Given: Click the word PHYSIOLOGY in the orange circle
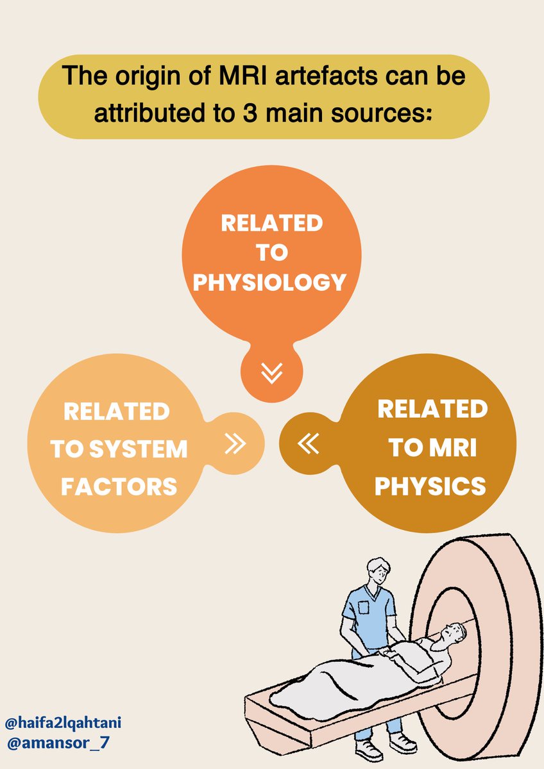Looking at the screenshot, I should point(271,282).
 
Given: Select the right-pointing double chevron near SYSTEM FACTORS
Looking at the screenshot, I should point(235,443).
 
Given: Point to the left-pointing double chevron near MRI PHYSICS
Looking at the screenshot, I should point(309,443).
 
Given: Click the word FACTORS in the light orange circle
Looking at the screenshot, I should point(119,486).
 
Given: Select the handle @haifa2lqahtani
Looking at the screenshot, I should point(63,723).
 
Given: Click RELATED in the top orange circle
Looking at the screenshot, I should point(271,223).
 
